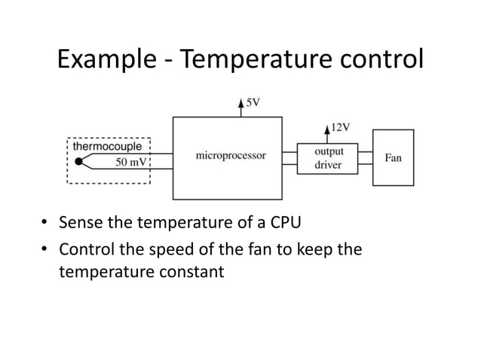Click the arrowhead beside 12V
tap(326, 128)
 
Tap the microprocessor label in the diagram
tap(230, 156)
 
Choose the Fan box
tap(393, 157)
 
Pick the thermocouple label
tap(106, 147)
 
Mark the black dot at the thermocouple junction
tap(78, 161)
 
